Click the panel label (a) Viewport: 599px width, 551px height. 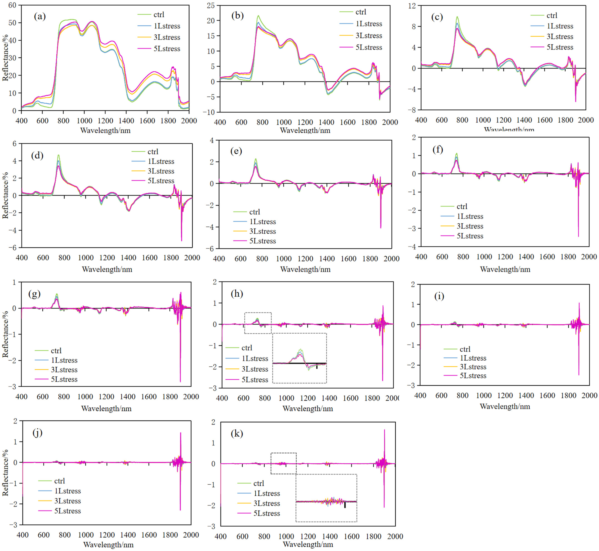coord(40,16)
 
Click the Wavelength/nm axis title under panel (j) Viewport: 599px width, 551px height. coord(108,544)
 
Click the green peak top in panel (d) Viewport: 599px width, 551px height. coord(59,155)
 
